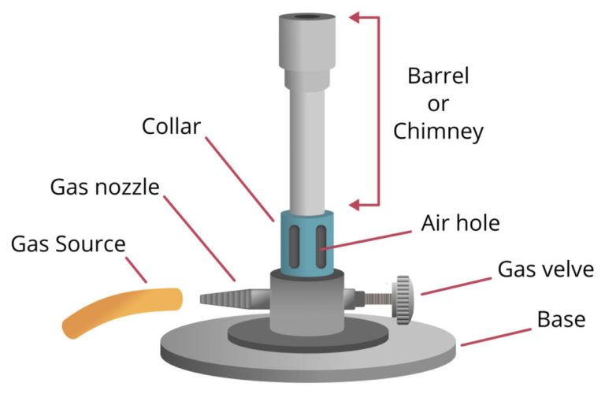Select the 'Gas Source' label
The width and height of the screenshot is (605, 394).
68,243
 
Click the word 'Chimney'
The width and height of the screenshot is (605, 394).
437,132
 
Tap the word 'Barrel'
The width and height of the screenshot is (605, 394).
438,76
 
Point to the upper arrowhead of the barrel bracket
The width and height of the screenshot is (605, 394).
356,16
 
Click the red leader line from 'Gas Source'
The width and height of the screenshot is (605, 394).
135,267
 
